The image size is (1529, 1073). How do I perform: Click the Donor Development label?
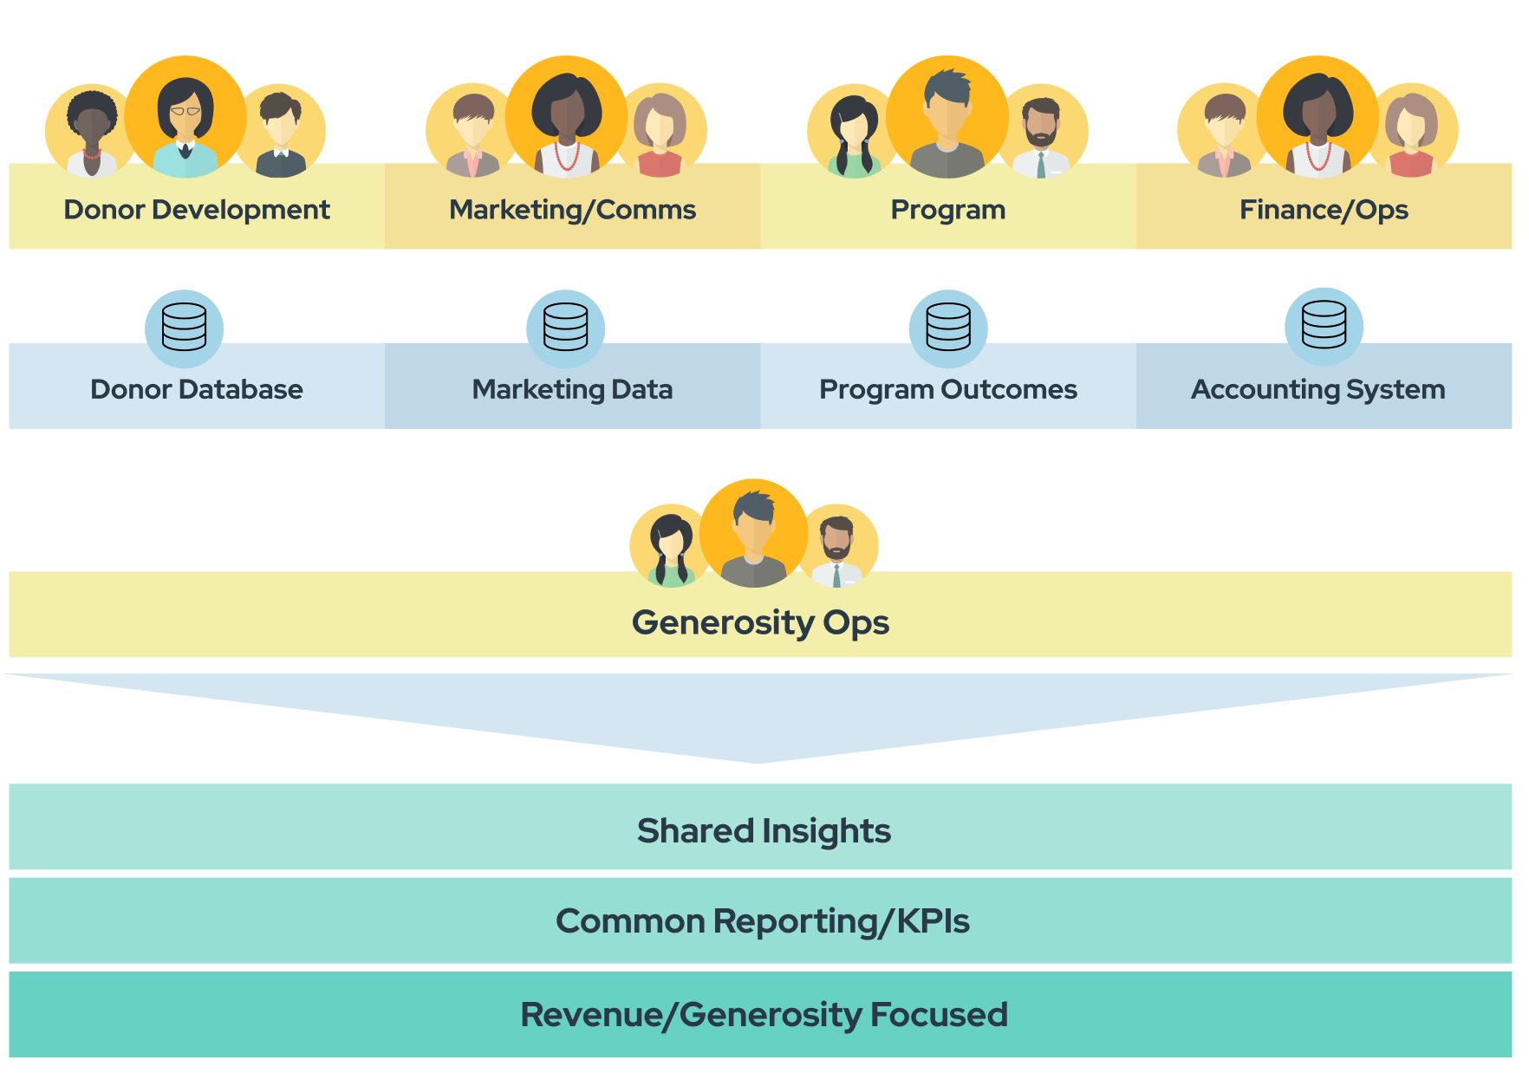pyautogui.click(x=197, y=210)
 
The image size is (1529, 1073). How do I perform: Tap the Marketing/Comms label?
pyautogui.click(x=572, y=210)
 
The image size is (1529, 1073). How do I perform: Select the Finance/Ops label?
pyautogui.click(x=1324, y=210)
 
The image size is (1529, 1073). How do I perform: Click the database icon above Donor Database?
pyautogui.click(x=185, y=328)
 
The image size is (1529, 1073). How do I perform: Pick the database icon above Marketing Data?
pyautogui.click(x=566, y=328)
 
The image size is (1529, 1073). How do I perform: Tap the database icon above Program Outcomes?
pyautogui.click(x=948, y=328)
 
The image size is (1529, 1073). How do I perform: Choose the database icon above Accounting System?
pyautogui.click(x=1324, y=326)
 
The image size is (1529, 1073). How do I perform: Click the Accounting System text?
pyautogui.click(x=1318, y=389)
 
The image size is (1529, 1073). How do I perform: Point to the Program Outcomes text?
pyautogui.click(x=948, y=389)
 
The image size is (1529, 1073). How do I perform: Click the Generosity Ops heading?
pyautogui.click(x=760, y=622)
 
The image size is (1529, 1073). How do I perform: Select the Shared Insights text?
pyautogui.click(x=764, y=830)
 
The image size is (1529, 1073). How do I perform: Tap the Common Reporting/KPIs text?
pyautogui.click(x=762, y=920)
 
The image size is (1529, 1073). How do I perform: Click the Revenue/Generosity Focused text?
pyautogui.click(x=764, y=1014)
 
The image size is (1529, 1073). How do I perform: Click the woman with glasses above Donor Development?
pyautogui.click(x=185, y=117)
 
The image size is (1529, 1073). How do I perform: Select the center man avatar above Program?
pyautogui.click(x=947, y=117)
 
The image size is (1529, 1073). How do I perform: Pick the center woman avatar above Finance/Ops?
pyautogui.click(x=1318, y=117)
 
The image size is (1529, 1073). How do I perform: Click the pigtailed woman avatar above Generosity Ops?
pyautogui.click(x=672, y=546)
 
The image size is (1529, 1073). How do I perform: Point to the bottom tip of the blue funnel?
pyautogui.click(x=759, y=761)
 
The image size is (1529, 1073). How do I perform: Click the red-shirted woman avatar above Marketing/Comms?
pyautogui.click(x=660, y=132)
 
